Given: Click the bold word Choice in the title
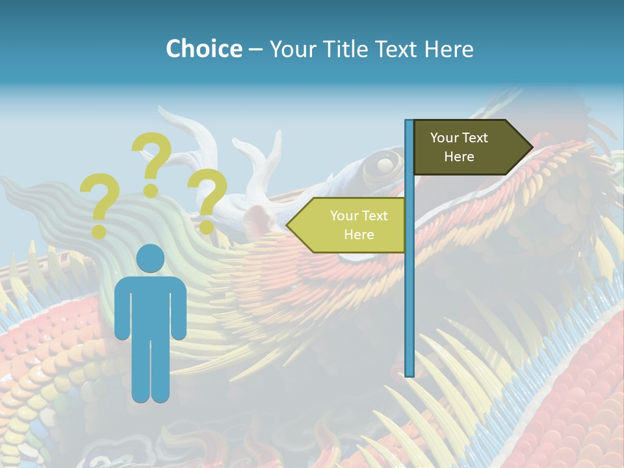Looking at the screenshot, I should pyautogui.click(x=203, y=49).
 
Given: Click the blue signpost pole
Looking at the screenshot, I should pyautogui.click(x=409, y=292).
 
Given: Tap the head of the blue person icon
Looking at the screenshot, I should pyautogui.click(x=150, y=258).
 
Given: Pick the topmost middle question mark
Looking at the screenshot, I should pyautogui.click(x=151, y=162).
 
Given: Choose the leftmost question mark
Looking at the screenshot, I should pyautogui.click(x=99, y=203).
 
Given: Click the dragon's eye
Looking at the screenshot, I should pyautogui.click(x=384, y=163).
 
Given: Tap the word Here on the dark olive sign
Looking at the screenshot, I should pyautogui.click(x=459, y=157).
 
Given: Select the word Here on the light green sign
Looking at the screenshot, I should pyautogui.click(x=359, y=235).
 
